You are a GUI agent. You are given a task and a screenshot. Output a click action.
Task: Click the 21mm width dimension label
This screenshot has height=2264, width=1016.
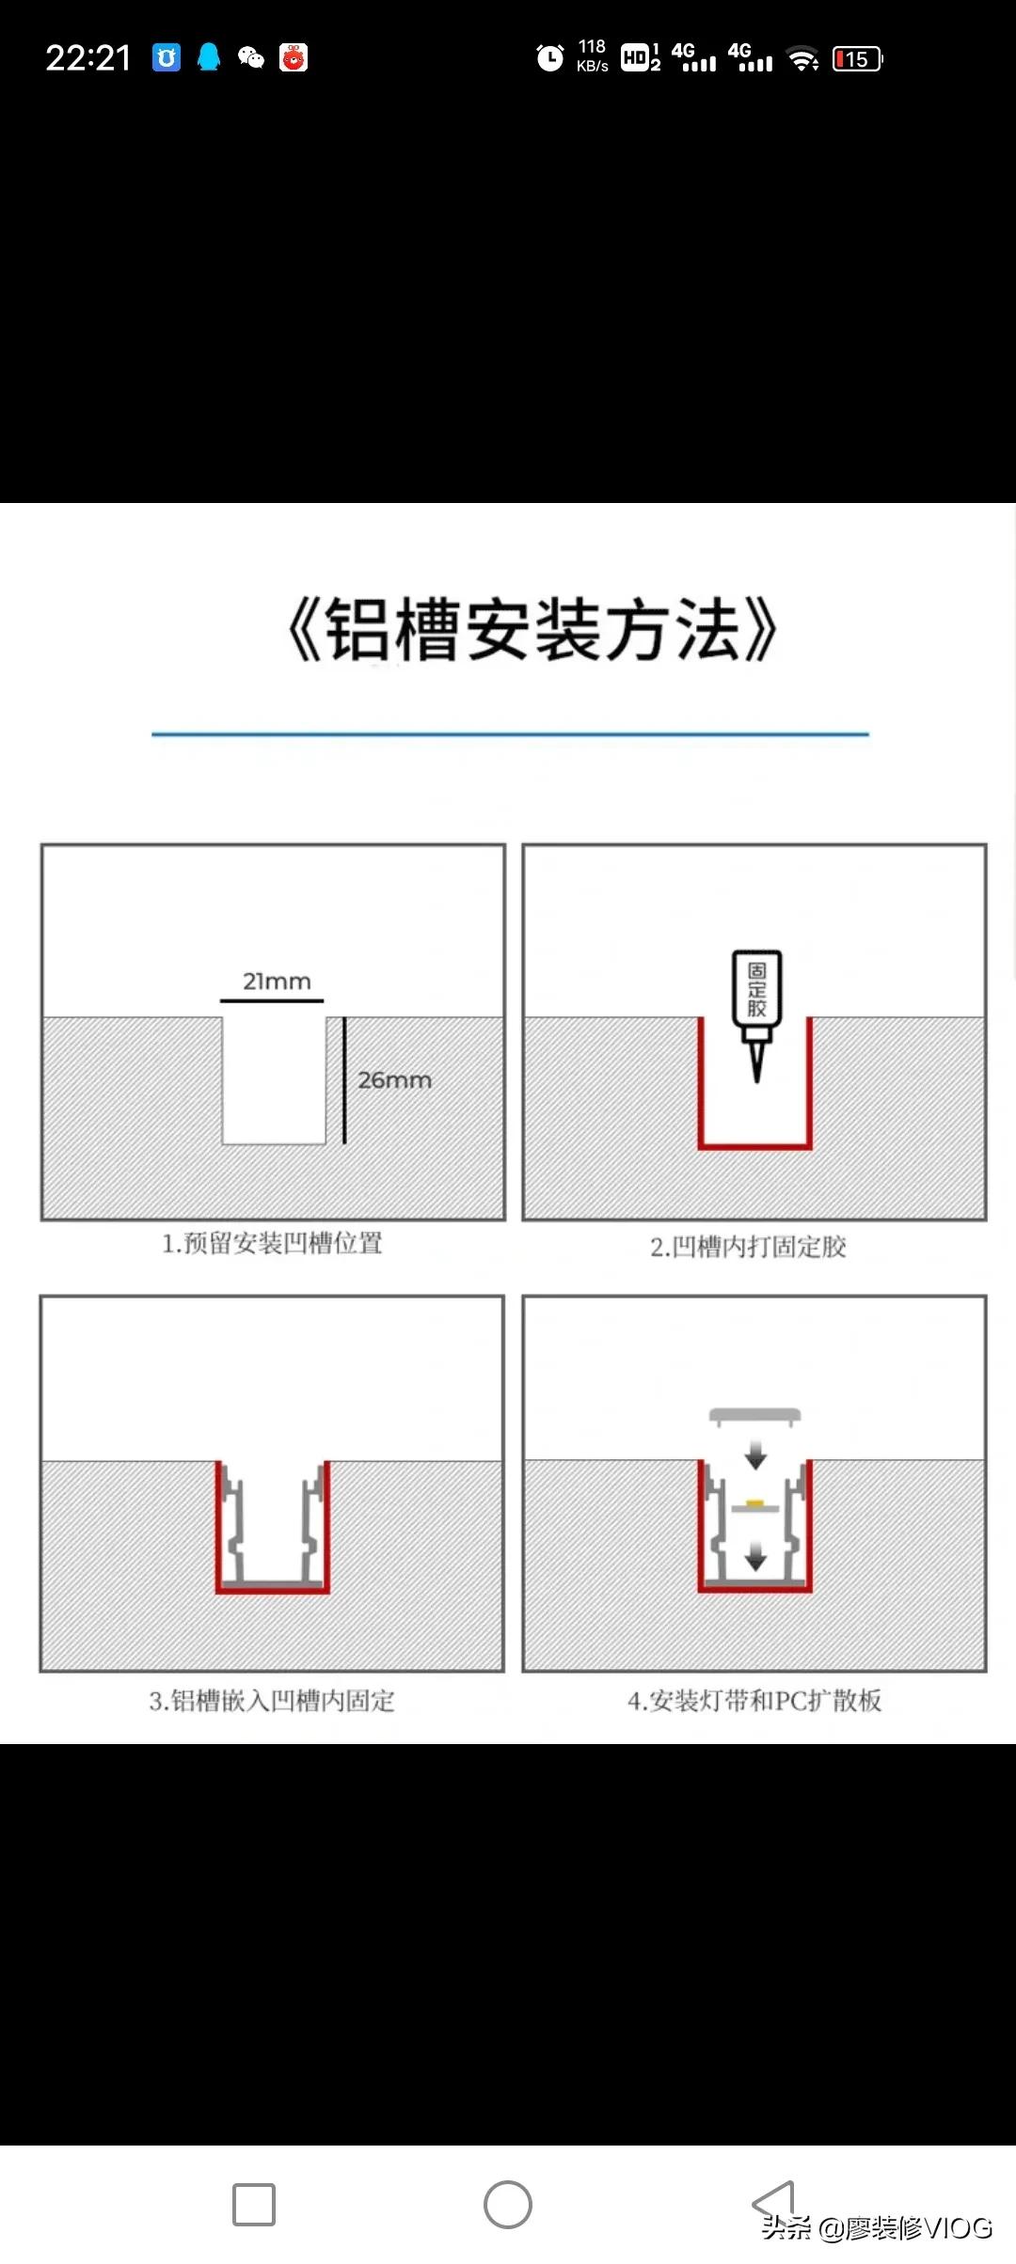(277, 981)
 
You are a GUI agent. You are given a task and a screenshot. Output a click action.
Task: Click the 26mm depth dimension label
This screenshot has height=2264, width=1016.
(394, 1079)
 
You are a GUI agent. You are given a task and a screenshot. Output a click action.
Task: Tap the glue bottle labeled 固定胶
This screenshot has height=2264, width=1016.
(756, 990)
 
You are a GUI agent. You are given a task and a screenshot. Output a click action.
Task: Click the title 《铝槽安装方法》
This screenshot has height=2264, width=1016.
(532, 629)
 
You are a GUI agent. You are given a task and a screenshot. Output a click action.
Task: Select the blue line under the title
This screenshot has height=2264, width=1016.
(510, 733)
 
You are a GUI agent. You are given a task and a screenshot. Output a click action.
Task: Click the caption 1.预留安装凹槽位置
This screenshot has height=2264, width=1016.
(272, 1243)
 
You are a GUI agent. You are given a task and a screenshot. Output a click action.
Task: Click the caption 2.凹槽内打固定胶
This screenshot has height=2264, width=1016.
(748, 1247)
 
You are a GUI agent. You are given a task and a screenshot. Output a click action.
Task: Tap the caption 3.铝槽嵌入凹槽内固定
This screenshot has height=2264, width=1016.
(272, 1700)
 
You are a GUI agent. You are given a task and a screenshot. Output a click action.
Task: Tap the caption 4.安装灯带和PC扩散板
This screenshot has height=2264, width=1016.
(754, 1700)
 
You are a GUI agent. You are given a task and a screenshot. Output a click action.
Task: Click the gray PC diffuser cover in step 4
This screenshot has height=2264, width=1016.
(754, 1415)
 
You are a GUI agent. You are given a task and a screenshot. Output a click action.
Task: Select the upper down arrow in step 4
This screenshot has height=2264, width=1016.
(755, 1457)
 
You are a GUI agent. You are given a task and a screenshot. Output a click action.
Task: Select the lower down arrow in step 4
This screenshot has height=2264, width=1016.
(755, 1559)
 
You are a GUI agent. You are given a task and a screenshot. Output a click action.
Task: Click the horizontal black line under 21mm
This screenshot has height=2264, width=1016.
(272, 1000)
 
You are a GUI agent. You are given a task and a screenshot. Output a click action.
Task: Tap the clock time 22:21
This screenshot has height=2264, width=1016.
(88, 58)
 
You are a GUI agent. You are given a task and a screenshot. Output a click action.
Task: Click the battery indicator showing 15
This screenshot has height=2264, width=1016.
(857, 59)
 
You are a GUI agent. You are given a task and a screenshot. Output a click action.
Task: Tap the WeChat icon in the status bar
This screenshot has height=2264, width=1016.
(250, 58)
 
